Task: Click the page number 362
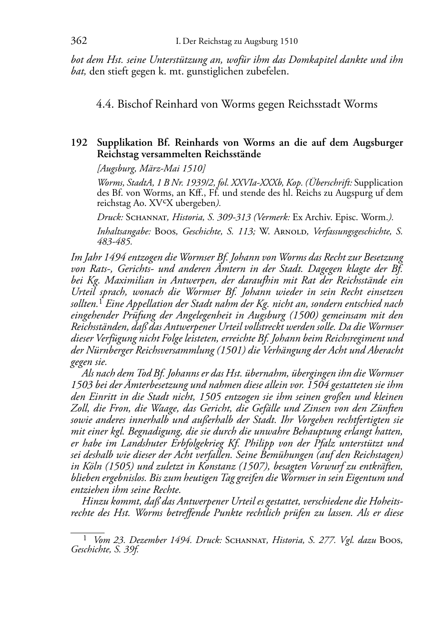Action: click(x=79, y=41)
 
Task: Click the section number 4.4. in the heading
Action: click(x=105, y=105)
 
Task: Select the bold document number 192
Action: click(x=79, y=143)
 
